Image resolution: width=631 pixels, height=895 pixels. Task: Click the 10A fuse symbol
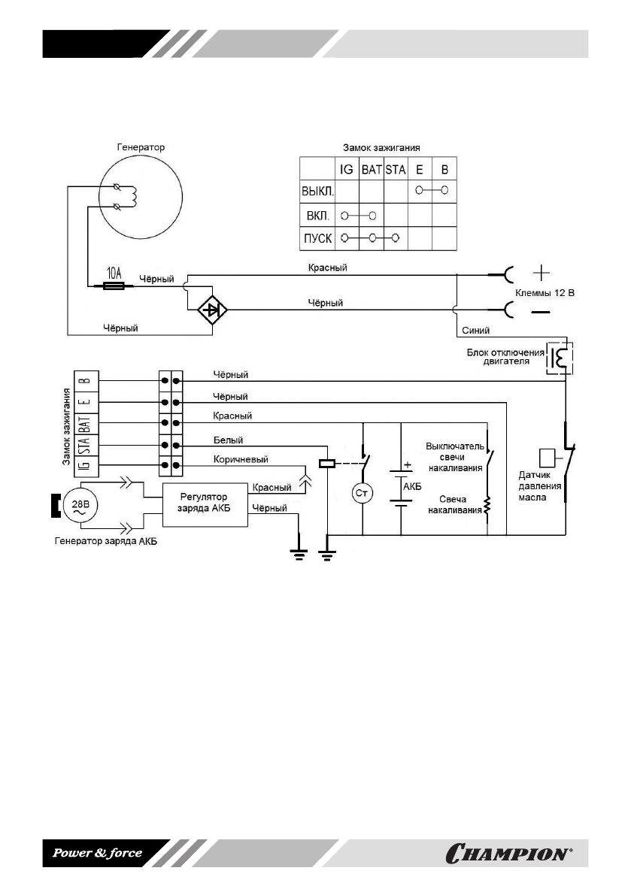pos(115,286)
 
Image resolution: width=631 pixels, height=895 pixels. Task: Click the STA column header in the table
pos(396,170)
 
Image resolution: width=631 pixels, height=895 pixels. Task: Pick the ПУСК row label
pos(317,239)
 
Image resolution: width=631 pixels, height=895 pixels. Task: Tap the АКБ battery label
pos(412,485)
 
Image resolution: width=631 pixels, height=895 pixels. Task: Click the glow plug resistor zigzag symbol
pos(487,507)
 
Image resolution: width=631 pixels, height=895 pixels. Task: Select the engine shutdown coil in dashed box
pos(560,357)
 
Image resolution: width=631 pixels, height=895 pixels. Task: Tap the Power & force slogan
pos(96,853)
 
